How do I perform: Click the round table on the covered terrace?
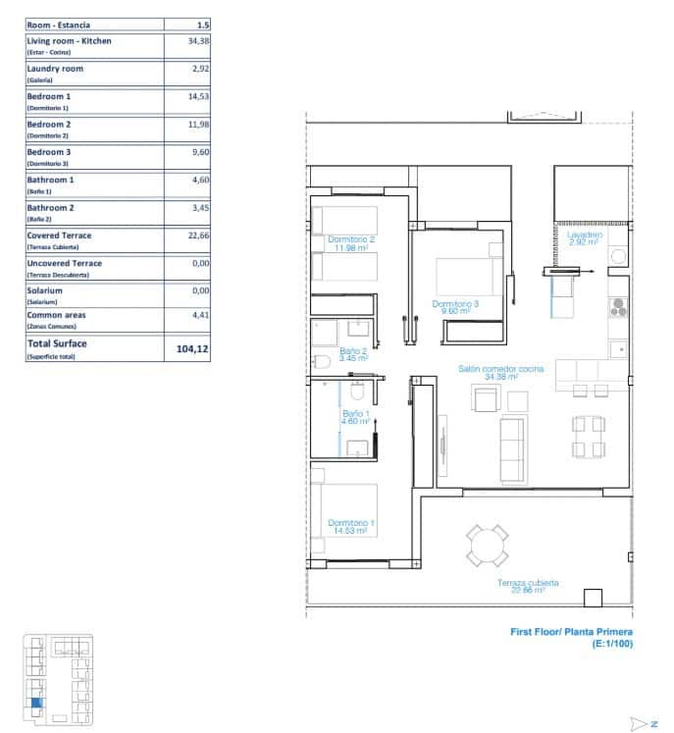click(488, 546)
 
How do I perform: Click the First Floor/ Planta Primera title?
click(572, 633)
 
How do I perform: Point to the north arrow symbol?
click(646, 723)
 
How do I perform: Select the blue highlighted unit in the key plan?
click(36, 701)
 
